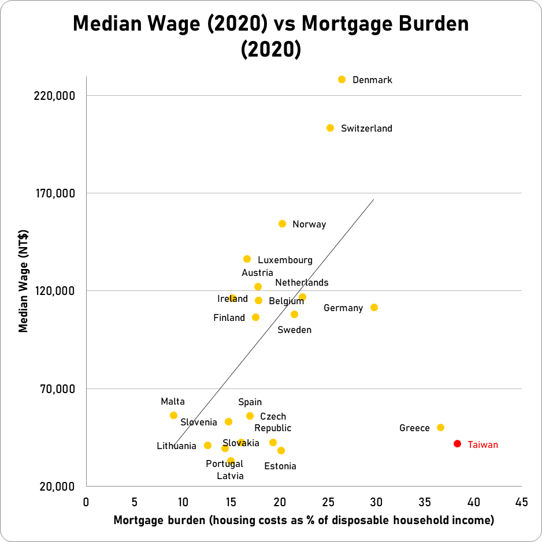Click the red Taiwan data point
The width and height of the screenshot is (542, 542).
pyautogui.click(x=457, y=444)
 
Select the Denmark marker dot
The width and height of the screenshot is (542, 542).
pyautogui.click(x=341, y=79)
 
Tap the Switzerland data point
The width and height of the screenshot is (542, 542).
pyautogui.click(x=330, y=128)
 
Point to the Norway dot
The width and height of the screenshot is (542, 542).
pyautogui.click(x=282, y=224)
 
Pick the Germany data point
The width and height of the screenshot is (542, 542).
pyautogui.click(x=374, y=308)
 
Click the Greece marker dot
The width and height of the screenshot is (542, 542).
pyautogui.click(x=440, y=428)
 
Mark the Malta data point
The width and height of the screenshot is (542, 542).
pyautogui.click(x=173, y=416)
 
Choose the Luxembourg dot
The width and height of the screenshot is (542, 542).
pyautogui.click(x=247, y=259)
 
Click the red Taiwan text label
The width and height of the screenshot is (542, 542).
pyautogui.click(x=482, y=444)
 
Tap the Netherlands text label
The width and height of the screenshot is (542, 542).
pyautogui.click(x=302, y=283)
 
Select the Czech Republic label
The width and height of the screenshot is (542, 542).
pyautogui.click(x=273, y=423)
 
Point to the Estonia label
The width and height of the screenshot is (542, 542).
pyautogui.click(x=280, y=466)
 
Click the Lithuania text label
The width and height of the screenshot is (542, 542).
pyautogui.click(x=176, y=446)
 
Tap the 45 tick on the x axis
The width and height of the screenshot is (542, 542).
pyautogui.click(x=522, y=502)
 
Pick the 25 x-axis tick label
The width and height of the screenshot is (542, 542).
pyautogui.click(x=328, y=502)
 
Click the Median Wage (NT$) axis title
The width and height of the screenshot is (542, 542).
pyautogui.click(x=24, y=290)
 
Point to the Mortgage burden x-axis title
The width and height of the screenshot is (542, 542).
pyautogui.click(x=304, y=521)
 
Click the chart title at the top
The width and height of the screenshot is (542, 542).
pyautogui.click(x=271, y=36)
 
